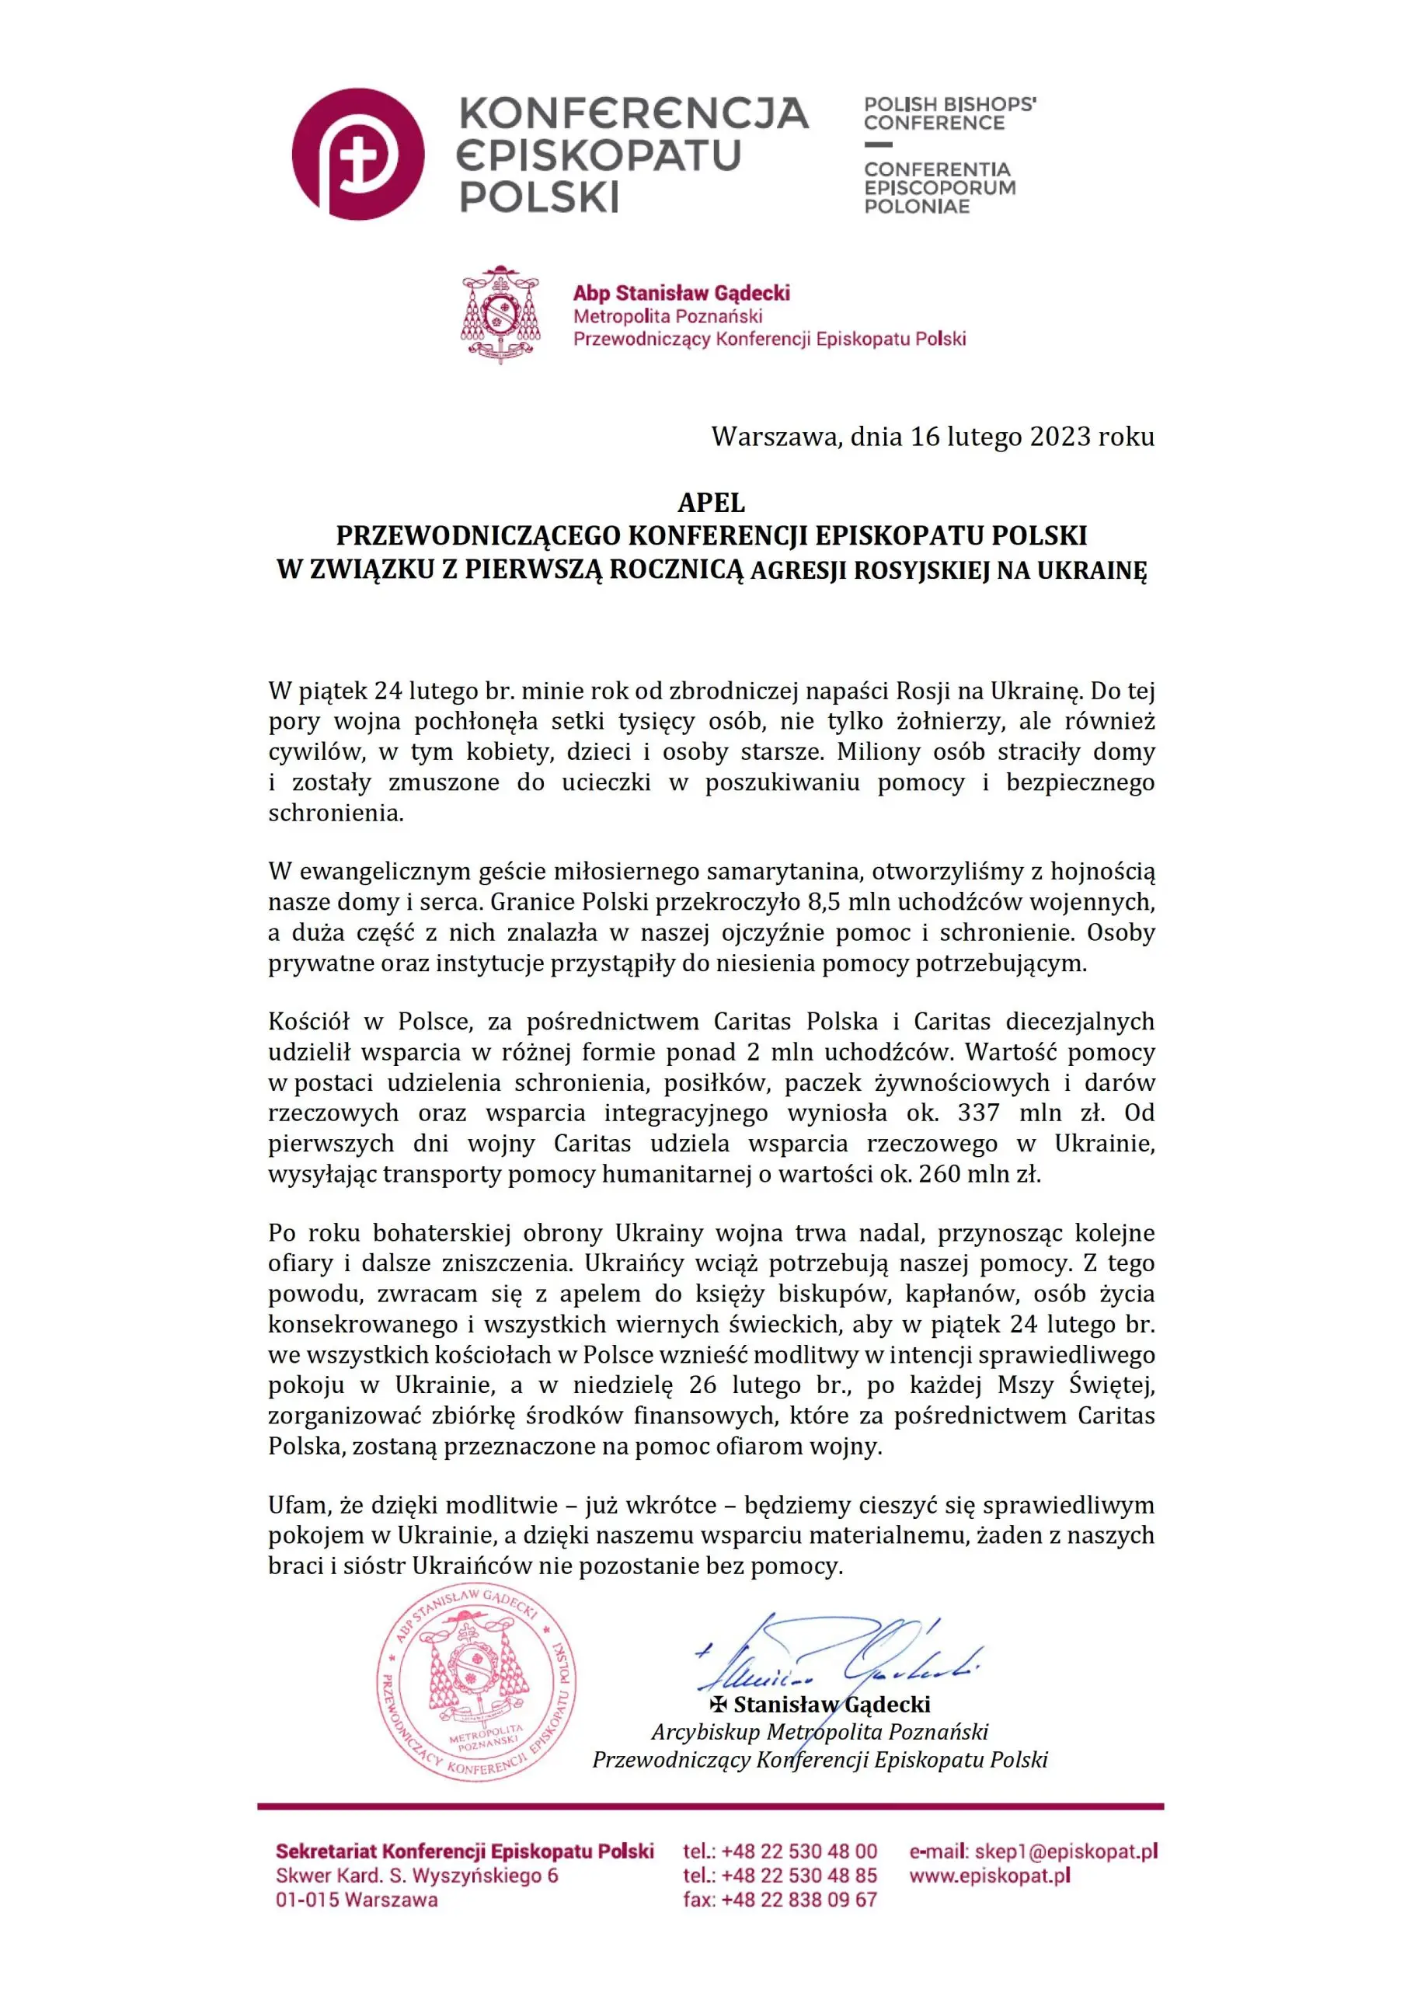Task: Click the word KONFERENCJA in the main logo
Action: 632,113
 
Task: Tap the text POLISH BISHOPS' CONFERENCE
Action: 949,113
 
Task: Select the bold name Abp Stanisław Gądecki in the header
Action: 681,293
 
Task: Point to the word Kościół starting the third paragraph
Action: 308,1022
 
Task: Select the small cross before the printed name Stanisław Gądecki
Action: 718,1705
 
